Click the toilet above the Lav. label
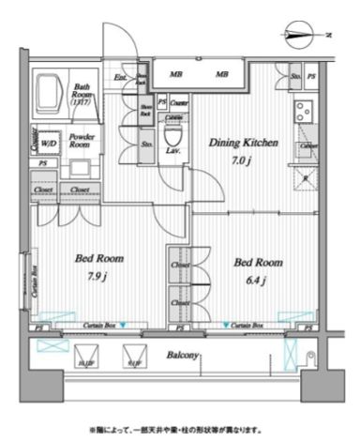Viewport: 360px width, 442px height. (172, 132)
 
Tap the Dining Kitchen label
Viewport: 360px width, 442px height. (242, 144)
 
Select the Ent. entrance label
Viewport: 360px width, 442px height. (121, 78)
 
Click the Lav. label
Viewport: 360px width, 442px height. (173, 150)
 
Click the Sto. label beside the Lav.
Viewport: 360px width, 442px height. (146, 145)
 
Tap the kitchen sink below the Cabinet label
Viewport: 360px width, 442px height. (306, 177)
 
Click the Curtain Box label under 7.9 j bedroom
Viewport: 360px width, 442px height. (93, 326)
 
